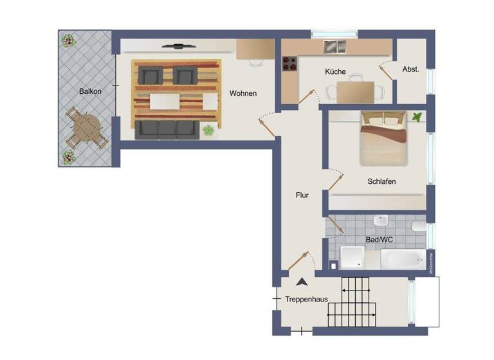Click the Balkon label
90,91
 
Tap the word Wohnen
243,93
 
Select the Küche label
335,72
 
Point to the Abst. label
410,69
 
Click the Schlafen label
381,181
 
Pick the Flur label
302,195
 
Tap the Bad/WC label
380,240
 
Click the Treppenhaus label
306,299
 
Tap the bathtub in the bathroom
403,260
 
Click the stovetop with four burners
291,64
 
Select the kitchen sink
334,46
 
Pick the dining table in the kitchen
355,92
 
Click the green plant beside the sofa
208,130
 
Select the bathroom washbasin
381,221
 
